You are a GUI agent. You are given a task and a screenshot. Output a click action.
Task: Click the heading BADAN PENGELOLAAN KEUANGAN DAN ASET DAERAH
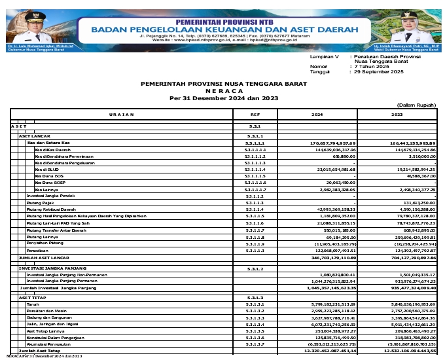tap(224, 29)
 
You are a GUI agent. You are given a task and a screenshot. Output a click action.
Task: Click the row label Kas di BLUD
tap(48, 170)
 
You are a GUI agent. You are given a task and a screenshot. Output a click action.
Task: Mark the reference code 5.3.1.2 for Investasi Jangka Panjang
tap(255, 268)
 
